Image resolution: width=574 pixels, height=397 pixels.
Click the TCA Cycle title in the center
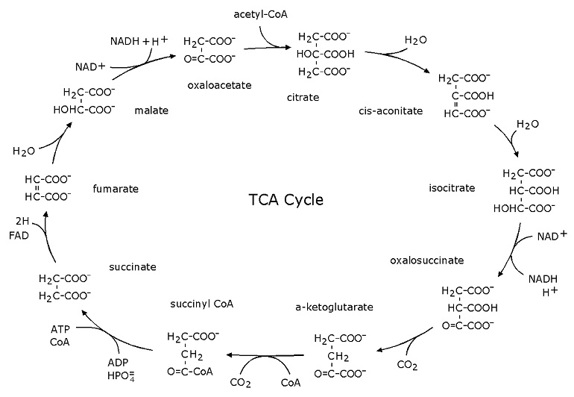coord(286,201)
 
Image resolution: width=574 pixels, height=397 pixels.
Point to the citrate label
coord(303,98)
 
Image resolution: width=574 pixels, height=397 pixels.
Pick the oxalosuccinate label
coord(426,260)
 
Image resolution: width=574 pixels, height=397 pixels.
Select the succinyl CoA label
coord(201,305)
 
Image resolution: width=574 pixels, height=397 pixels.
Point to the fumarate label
coord(116,190)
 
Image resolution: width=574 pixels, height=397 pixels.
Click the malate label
coord(151,110)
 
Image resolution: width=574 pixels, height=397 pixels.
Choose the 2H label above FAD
coord(23,222)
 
